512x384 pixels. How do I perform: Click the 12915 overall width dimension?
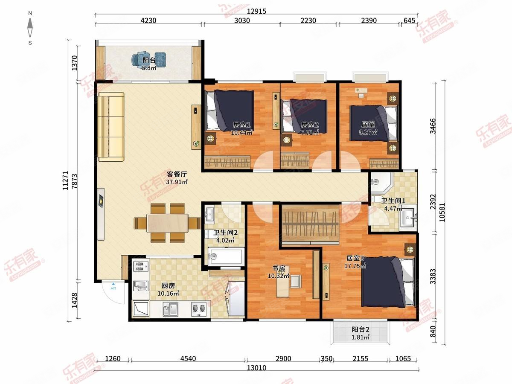point(256,11)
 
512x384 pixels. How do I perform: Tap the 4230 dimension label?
point(148,20)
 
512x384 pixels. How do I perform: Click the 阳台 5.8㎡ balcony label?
point(149,64)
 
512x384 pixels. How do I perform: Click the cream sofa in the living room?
point(111,127)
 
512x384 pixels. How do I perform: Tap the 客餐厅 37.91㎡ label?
point(177,178)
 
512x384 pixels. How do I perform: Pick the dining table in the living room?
point(168,223)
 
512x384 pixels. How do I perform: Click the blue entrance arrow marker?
point(113,284)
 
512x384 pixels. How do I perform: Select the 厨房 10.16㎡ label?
point(168,289)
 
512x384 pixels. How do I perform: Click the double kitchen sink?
point(170,309)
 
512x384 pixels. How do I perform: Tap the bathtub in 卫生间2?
point(226,256)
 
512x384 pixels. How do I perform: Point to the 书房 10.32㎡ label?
point(279,272)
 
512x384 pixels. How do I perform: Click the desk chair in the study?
point(296,282)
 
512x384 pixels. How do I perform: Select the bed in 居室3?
point(388,282)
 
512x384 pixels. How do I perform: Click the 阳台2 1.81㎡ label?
point(361,333)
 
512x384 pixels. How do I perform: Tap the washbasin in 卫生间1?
point(408,217)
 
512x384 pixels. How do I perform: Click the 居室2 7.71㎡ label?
point(309,129)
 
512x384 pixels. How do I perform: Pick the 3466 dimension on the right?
point(433,126)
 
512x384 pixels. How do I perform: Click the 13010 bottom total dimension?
point(256,368)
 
